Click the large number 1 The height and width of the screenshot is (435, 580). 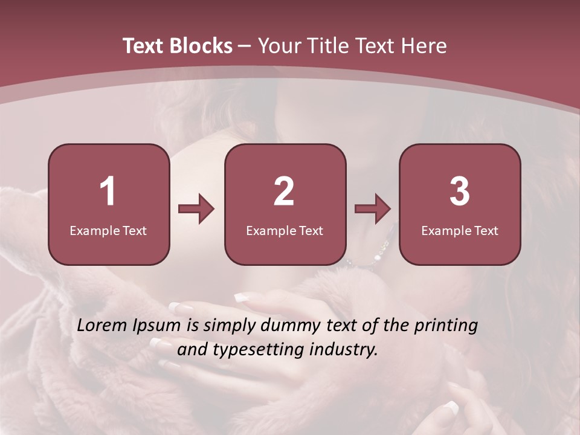(108, 192)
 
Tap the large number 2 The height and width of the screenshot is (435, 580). (284, 192)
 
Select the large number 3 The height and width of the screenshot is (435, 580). (460, 192)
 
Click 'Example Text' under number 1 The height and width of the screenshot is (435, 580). (108, 230)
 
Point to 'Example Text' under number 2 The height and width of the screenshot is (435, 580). (285, 230)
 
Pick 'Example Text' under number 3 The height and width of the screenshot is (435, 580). (460, 230)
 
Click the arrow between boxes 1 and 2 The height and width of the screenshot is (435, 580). (196, 210)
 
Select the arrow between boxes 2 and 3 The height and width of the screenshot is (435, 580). (373, 210)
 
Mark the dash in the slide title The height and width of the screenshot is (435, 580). (245, 47)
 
